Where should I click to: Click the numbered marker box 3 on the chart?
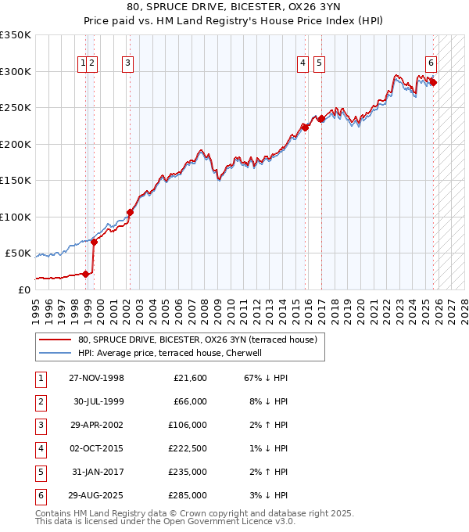point(127,65)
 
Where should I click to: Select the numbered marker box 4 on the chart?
point(303,65)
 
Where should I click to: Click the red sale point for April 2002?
point(130,212)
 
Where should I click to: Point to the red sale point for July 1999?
point(94,242)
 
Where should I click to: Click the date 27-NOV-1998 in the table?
point(96,378)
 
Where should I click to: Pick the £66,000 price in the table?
point(188,401)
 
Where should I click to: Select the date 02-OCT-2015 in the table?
point(96,448)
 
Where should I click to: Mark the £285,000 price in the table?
point(188,495)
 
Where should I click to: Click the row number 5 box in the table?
point(41,472)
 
